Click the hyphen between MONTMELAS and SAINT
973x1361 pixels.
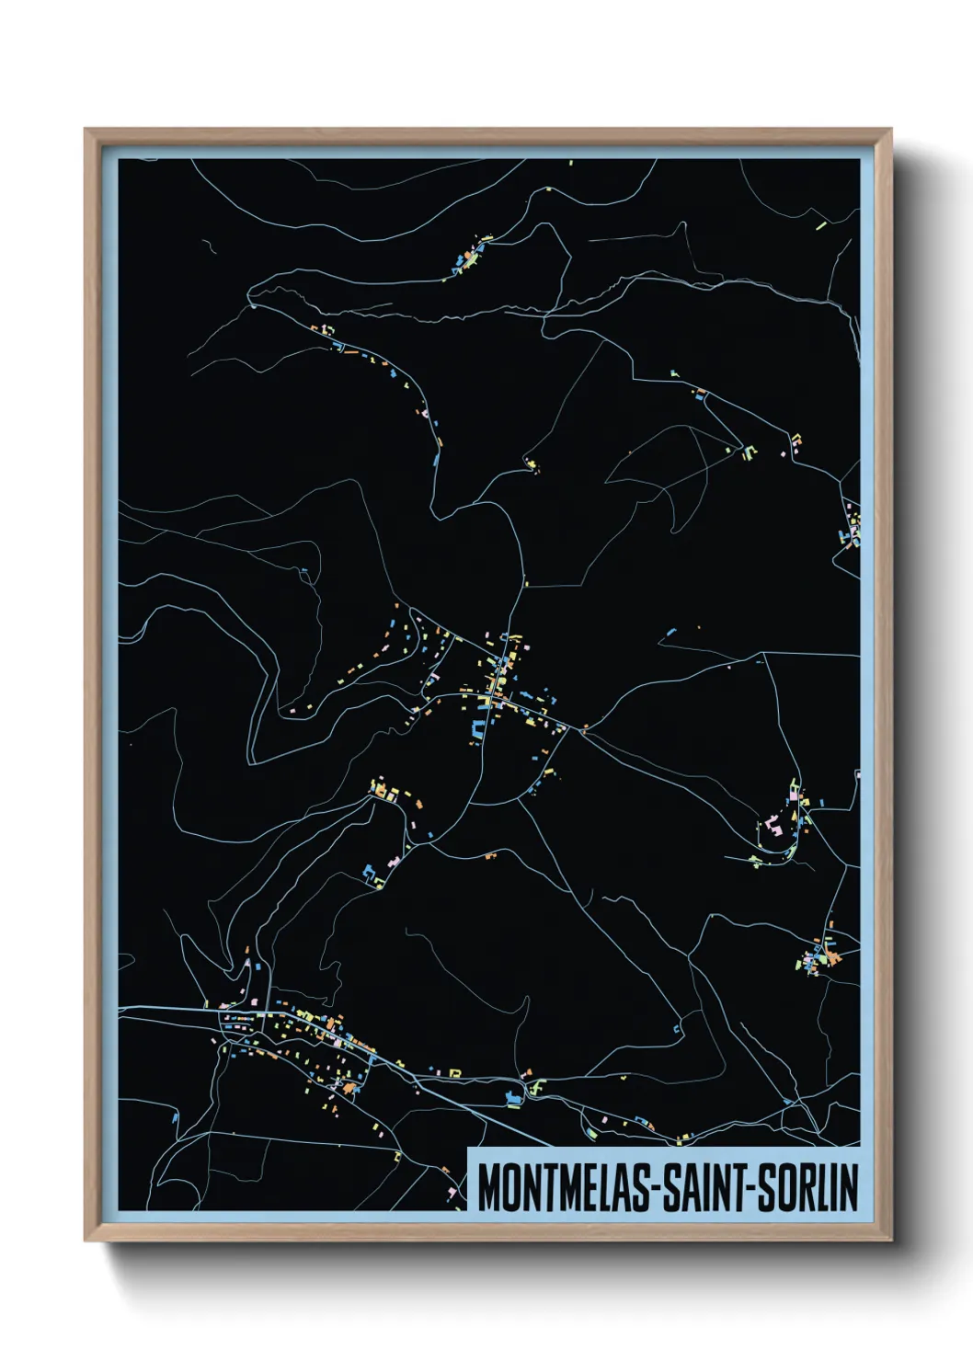655,1190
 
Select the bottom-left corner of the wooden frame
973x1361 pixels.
86,1239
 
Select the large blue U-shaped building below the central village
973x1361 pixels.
478,730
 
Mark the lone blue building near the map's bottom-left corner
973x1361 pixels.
175,1118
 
